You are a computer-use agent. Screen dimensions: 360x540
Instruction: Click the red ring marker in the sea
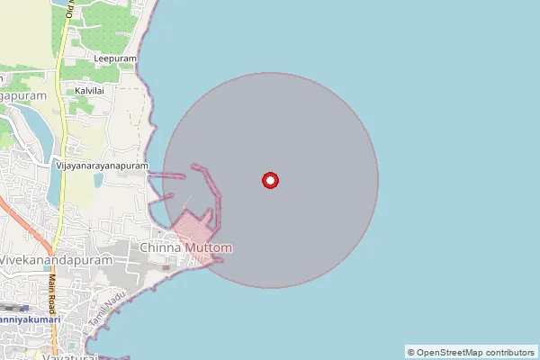tap(269, 181)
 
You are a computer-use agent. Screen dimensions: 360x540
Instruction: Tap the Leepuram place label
tap(115, 58)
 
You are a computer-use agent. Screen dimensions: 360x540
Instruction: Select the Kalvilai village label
tap(91, 92)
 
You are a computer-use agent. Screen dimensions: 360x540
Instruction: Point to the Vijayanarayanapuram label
tap(102, 166)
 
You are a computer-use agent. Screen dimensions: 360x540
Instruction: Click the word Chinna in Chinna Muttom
tap(162, 247)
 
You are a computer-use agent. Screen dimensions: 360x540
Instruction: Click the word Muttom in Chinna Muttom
tap(210, 247)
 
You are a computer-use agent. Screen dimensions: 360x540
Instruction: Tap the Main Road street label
tap(52, 292)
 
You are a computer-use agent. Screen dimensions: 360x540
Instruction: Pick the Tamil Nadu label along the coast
tap(102, 306)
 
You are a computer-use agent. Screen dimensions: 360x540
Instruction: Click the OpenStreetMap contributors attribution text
tap(476, 352)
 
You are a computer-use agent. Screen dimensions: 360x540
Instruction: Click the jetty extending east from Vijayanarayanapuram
tap(166, 176)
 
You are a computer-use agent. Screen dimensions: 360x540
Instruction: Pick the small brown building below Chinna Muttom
tap(166, 267)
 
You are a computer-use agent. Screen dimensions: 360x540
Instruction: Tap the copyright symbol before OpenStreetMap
tap(411, 352)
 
